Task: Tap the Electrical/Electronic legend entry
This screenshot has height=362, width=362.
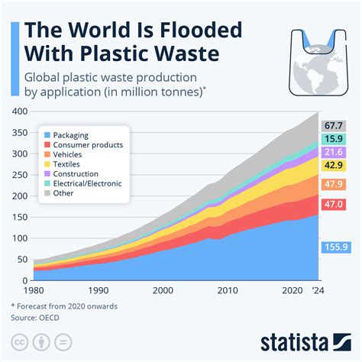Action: coord(91,183)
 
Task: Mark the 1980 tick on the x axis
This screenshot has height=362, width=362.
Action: coord(34,291)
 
